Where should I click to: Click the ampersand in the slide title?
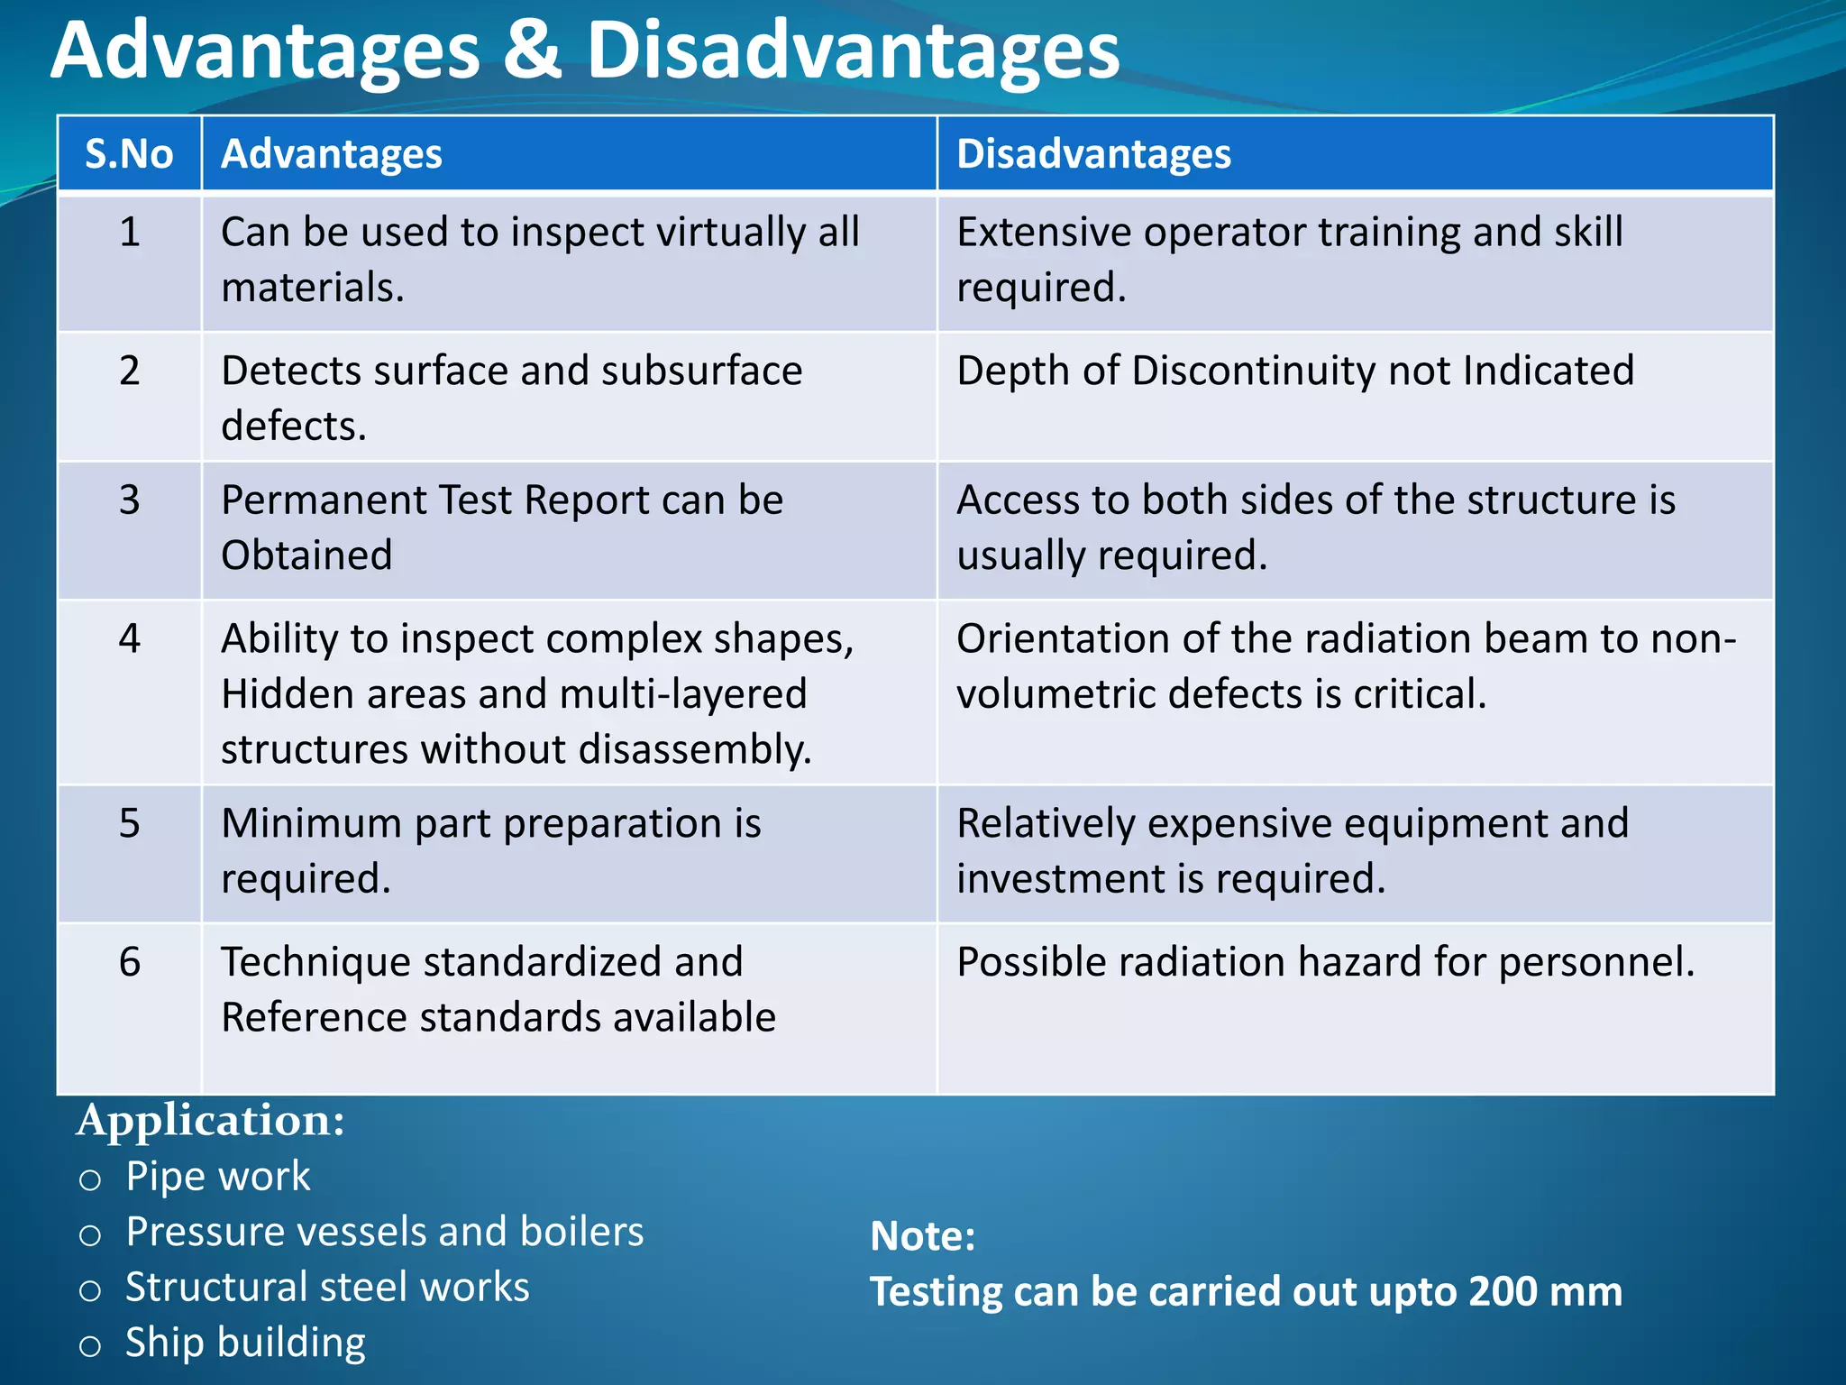[x=532, y=50]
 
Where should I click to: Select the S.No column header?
[x=129, y=154]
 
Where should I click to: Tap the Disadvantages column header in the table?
[x=1093, y=154]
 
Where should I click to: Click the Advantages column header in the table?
[x=332, y=154]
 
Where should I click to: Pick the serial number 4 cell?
[x=130, y=638]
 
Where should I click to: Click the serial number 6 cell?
[x=130, y=962]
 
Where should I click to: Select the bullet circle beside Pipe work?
[x=90, y=1179]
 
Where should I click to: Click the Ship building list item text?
[x=245, y=1343]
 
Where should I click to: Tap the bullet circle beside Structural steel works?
[x=90, y=1290]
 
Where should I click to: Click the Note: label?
[x=922, y=1236]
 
